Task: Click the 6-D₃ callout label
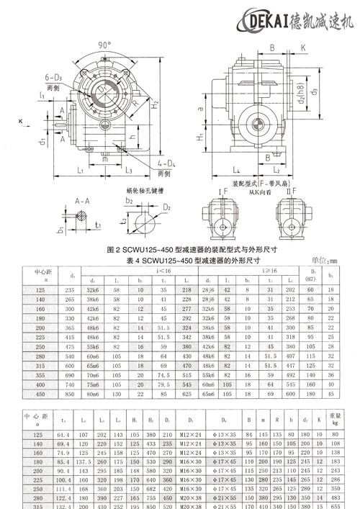click(x=57, y=77)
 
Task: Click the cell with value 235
click(x=71, y=289)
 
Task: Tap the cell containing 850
click(x=71, y=394)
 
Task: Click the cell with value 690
click(x=71, y=375)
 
